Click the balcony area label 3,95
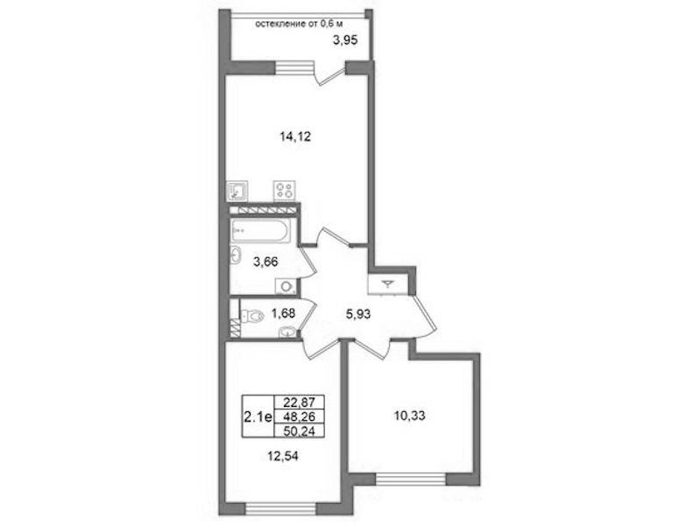coord(345,41)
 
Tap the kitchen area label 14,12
coord(295,136)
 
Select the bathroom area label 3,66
coord(265,262)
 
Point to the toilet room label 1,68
coord(283,313)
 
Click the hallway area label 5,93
coord(358,314)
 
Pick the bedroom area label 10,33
coord(409,416)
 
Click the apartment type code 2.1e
coord(258,417)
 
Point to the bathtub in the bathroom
coord(261,230)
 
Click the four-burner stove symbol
coord(285,190)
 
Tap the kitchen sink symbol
coord(237,191)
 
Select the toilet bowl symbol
coord(251,316)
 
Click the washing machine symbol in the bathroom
coord(286,286)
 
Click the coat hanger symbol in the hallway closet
coord(388,283)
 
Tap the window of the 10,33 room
coord(411,479)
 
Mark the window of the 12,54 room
coord(280,508)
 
